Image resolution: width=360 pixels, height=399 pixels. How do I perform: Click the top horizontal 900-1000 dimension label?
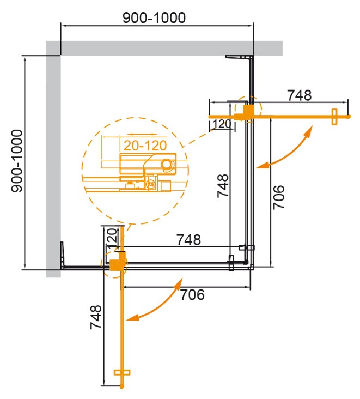click(x=154, y=17)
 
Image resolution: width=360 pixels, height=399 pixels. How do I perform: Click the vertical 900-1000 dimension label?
click(x=17, y=161)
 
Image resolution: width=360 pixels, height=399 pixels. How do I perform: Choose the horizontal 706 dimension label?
click(x=192, y=295)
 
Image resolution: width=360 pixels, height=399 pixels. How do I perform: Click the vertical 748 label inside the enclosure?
click(x=222, y=185)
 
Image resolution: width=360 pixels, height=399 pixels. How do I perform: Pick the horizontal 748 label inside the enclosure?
click(x=188, y=239)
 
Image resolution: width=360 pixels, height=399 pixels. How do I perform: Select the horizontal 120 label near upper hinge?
click(x=221, y=124)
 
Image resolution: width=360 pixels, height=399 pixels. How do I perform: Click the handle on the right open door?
click(x=334, y=116)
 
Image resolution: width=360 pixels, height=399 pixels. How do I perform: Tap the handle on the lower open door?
click(x=123, y=372)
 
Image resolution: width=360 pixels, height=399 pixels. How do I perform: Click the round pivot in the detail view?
click(x=167, y=163)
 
